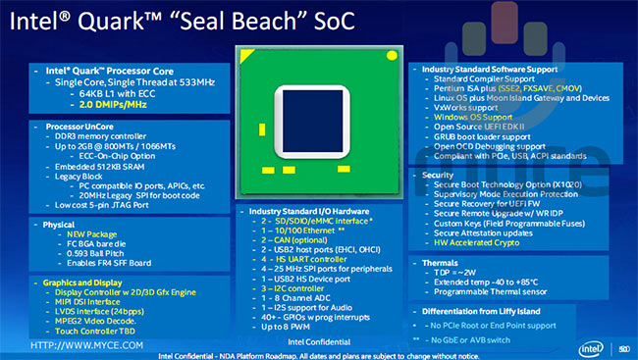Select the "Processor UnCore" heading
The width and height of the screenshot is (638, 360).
(x=78, y=127)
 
